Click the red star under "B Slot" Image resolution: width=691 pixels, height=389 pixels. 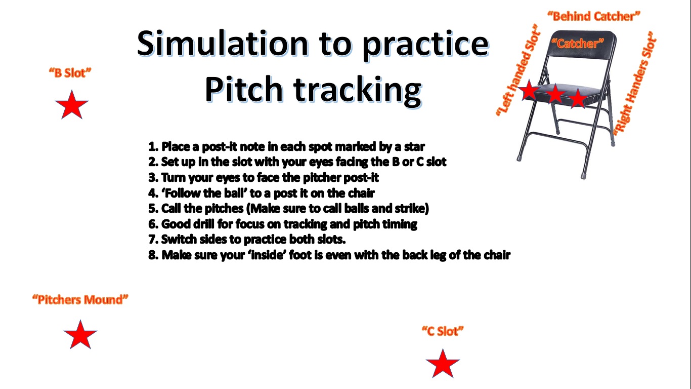pos(71,105)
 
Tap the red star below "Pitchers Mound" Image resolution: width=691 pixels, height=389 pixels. pos(80,335)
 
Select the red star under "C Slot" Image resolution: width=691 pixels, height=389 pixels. pos(443,364)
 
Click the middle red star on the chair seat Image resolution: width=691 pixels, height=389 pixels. pos(555,94)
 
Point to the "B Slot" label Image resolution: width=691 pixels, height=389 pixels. pos(70,73)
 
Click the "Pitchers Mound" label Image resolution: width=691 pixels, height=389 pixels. pos(80,300)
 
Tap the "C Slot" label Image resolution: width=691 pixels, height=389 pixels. pos(443,331)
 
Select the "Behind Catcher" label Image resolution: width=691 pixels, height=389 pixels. pos(594,16)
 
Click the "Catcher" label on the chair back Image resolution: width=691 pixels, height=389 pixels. pos(578,44)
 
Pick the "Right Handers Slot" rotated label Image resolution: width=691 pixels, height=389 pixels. pos(634,84)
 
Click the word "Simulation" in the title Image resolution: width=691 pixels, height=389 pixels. pos(223,43)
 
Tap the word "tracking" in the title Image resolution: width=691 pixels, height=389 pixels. pos(358,89)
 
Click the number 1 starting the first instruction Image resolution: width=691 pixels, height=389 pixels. pos(152,147)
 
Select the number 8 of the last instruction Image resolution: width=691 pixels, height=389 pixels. pos(152,255)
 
